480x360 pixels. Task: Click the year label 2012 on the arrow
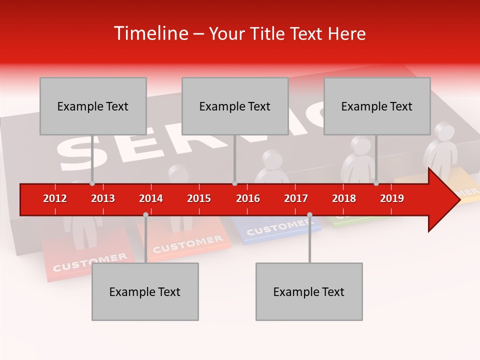pos(55,198)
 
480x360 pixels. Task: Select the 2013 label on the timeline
pos(103,198)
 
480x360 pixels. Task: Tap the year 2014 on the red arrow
pos(151,198)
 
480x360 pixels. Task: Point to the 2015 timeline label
pos(199,198)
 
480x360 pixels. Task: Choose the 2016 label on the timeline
pos(248,198)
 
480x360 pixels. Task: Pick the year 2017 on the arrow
pos(296,198)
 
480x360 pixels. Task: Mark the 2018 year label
pos(344,198)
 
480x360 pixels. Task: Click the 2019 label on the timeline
pos(392,198)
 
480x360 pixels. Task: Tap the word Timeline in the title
pos(149,33)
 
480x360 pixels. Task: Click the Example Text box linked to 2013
pos(93,106)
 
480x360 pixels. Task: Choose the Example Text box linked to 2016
pos(235,106)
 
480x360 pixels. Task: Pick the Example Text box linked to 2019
pos(377,106)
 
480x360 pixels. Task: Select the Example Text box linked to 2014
pos(145,291)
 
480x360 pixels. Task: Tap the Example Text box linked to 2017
pos(309,291)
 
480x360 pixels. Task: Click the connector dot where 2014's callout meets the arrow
pos(145,214)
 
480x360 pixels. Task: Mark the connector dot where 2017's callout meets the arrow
pos(309,214)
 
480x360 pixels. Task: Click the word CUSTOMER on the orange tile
pos(187,244)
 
